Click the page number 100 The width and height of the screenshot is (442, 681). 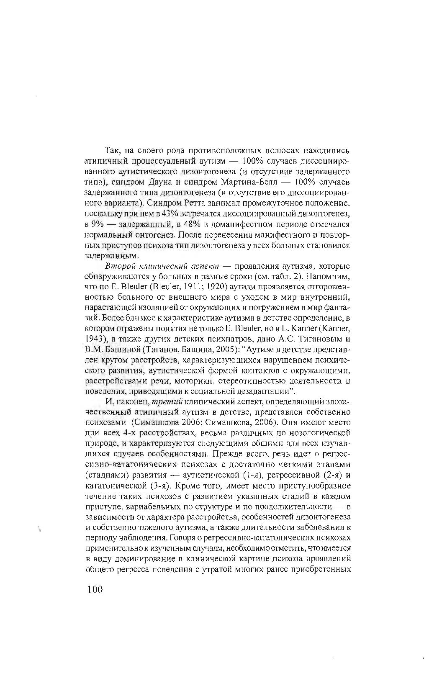pyautogui.click(x=95, y=589)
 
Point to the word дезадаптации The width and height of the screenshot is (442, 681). pyautogui.click(x=263, y=391)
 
